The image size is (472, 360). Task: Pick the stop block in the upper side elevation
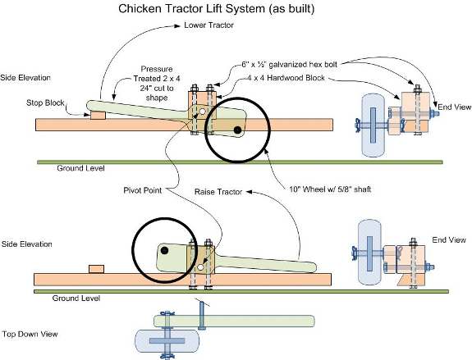coord(98,115)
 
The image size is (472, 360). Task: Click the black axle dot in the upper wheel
coord(237,130)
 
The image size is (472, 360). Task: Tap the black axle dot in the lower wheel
coord(165,249)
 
